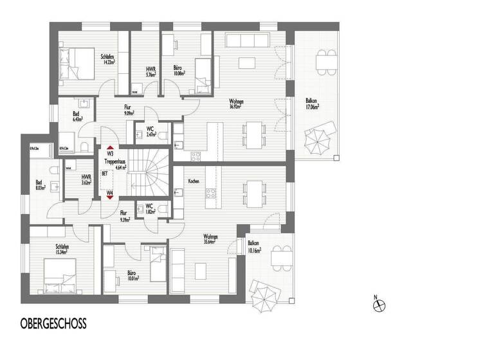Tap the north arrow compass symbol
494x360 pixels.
pos(379,306)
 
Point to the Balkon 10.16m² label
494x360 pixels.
pos(254,246)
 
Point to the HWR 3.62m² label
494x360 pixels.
pos(86,181)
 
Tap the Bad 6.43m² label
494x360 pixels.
pos(76,116)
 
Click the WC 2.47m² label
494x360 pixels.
pos(150,132)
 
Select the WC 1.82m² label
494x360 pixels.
pos(149,209)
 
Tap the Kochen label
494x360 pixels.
pos(194,182)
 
